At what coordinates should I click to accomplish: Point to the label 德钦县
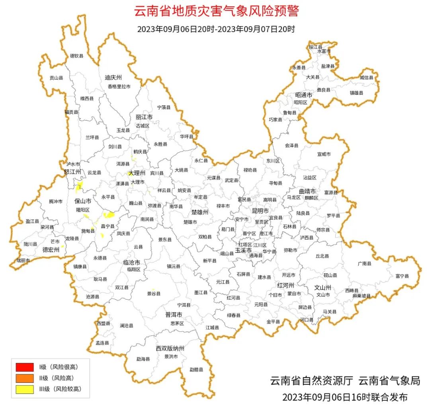[77, 56]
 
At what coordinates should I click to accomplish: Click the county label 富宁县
[402, 276]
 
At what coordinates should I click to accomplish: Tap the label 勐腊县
[196, 370]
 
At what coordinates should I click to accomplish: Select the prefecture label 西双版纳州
[170, 349]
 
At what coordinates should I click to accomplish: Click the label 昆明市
[260, 210]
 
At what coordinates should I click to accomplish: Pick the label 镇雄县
[357, 93]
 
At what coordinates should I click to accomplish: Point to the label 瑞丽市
[23, 260]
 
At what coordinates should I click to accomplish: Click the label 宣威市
[324, 154]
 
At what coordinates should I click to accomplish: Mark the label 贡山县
[56, 78]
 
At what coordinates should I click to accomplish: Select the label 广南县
[364, 263]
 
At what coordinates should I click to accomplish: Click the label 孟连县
[102, 343]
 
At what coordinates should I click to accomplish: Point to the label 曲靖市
[307, 191]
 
